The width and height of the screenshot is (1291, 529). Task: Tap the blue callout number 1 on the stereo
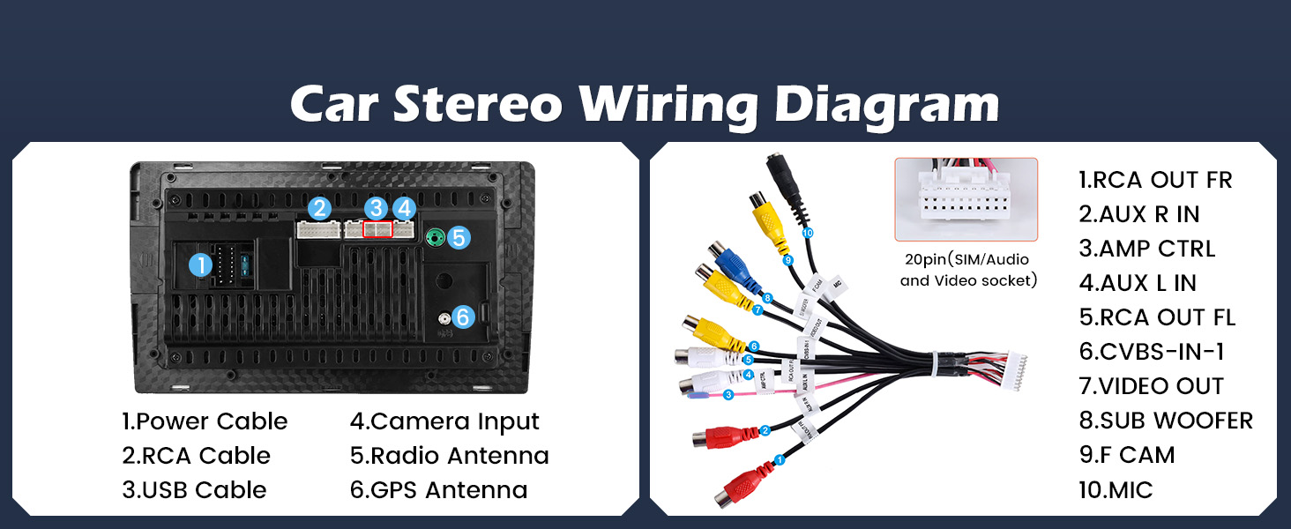tap(202, 264)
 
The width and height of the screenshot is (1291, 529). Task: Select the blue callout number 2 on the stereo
tap(319, 209)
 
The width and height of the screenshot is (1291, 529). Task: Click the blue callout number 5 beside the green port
tap(458, 237)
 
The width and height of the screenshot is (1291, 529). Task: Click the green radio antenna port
tap(434, 237)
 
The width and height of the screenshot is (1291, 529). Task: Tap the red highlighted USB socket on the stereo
tap(377, 229)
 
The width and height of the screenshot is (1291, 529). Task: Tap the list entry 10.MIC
tap(1116, 489)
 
